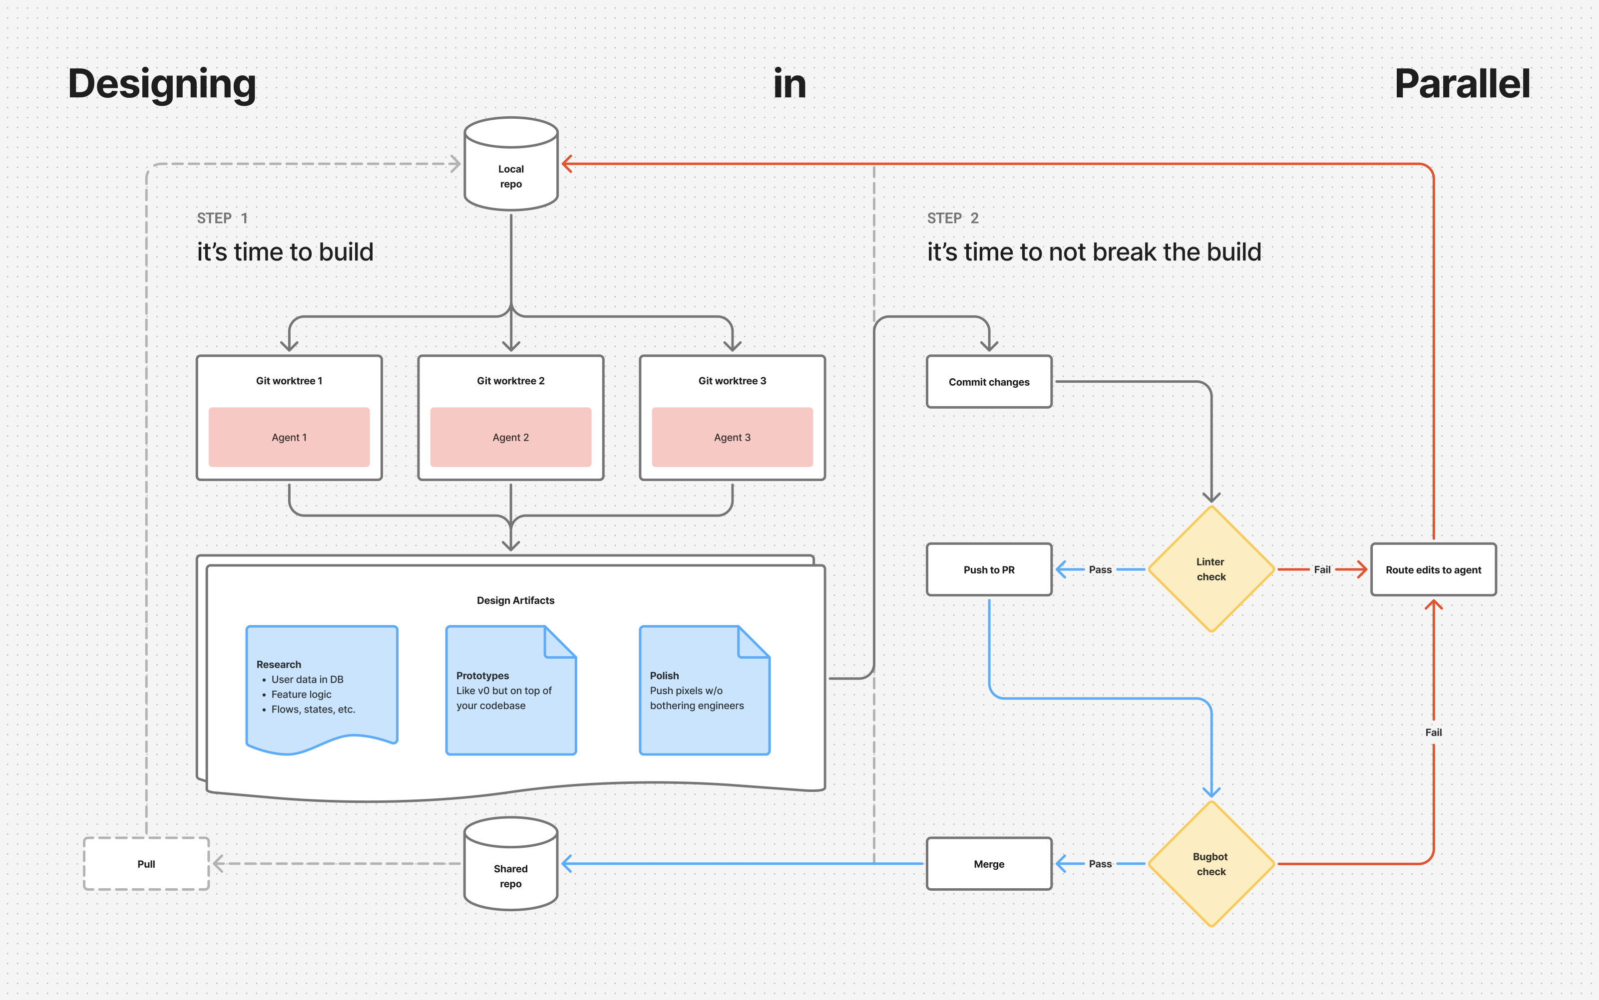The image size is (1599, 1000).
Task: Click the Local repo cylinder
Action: (x=511, y=165)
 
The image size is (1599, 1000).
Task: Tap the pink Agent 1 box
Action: (x=289, y=437)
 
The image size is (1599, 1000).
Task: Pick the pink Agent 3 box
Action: (x=732, y=437)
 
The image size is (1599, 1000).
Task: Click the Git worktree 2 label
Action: (x=510, y=381)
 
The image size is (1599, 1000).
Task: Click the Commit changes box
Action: (x=989, y=382)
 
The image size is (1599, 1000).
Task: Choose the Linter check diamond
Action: (x=1210, y=569)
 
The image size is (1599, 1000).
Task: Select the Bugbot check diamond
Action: (x=1210, y=864)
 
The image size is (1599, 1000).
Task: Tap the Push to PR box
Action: (x=989, y=569)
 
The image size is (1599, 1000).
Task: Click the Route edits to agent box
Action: (x=1433, y=569)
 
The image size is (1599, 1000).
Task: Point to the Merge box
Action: (x=989, y=864)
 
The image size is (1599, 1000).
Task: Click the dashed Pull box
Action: (x=146, y=864)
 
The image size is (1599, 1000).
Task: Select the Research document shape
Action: (x=322, y=688)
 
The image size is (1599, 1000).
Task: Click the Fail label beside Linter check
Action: (x=1322, y=569)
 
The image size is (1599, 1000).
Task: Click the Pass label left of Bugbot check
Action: (x=1100, y=864)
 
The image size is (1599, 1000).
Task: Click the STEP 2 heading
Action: (x=952, y=218)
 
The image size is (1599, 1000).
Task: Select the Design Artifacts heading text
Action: (x=515, y=600)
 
